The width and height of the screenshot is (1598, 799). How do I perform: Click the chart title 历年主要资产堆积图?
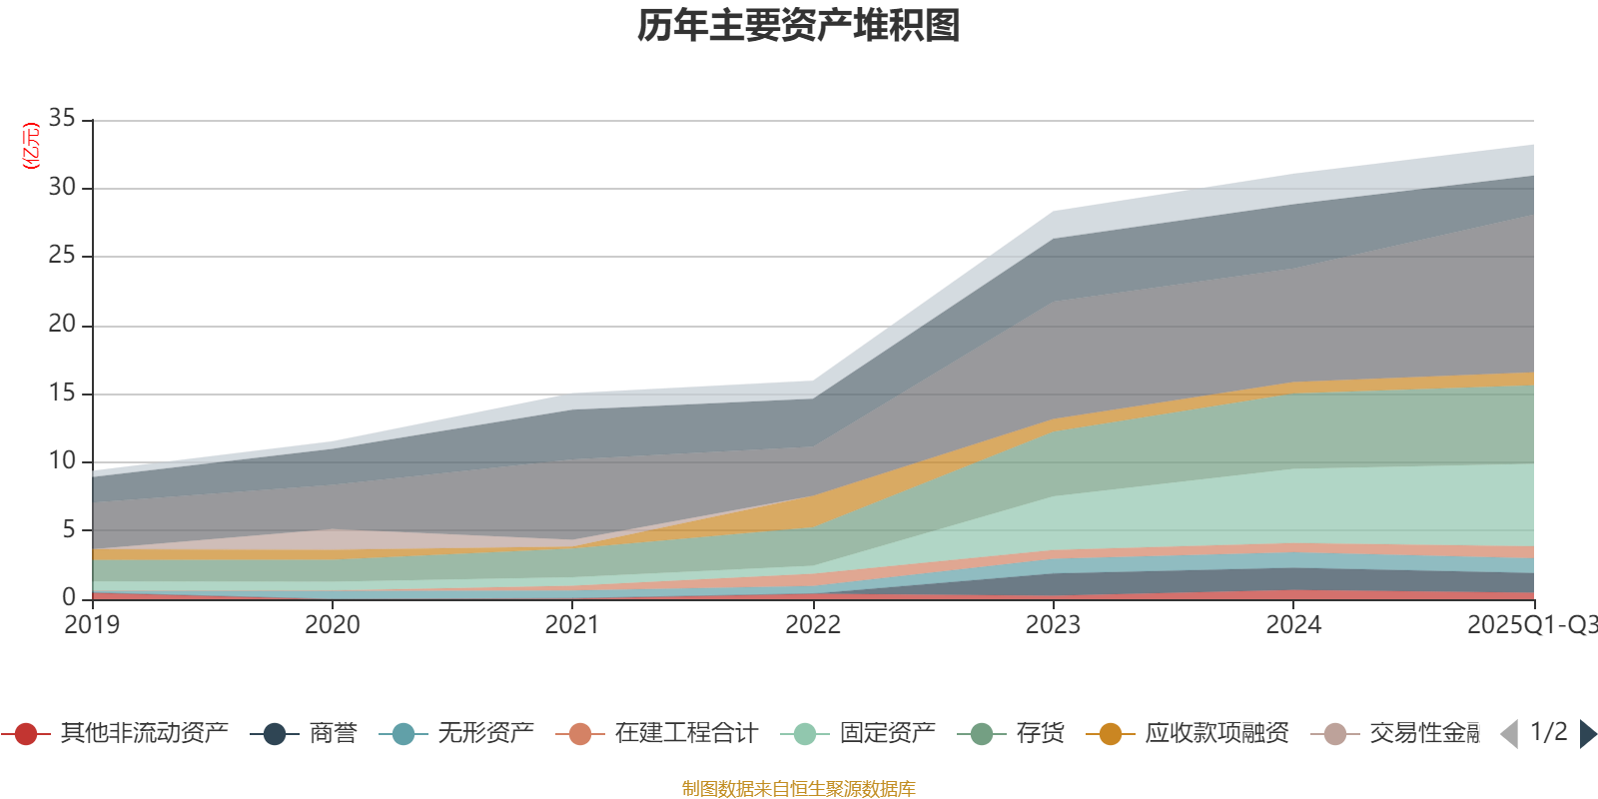pos(799,26)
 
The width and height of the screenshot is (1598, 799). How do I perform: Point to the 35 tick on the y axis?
pos(62,119)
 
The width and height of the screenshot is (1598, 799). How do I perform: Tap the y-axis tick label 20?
pos(62,325)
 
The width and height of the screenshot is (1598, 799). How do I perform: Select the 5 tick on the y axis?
pos(69,529)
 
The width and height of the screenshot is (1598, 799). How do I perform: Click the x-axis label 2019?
pos(92,625)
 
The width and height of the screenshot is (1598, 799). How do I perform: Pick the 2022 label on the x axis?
pos(813,625)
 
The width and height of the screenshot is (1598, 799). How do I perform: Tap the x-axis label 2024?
pos(1293,625)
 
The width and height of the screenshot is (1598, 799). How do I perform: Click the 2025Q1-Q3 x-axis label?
pos(1530,625)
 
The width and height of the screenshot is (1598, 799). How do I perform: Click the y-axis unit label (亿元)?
pos(31,146)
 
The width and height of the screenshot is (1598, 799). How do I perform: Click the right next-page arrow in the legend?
pos(1588,734)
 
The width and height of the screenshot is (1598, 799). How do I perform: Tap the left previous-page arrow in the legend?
pos(1509,734)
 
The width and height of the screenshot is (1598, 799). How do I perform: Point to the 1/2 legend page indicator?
pos(1548,732)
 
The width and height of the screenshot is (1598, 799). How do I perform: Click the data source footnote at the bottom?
pos(799,789)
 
